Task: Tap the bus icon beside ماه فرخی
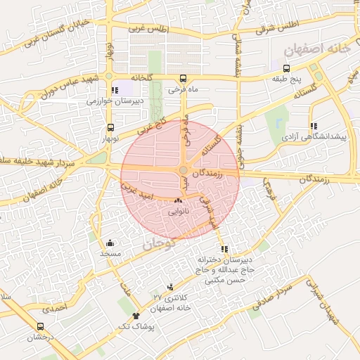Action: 184,78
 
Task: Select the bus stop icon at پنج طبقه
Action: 286,68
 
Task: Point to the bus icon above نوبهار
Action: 110,128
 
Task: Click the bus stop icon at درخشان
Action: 40,327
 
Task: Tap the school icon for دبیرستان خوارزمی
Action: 115,90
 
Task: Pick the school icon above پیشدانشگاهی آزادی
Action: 313,126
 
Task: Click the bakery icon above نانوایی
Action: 177,201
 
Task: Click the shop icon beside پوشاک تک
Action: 136,318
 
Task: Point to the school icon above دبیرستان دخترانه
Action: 224,249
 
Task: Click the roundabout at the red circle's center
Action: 183,170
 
